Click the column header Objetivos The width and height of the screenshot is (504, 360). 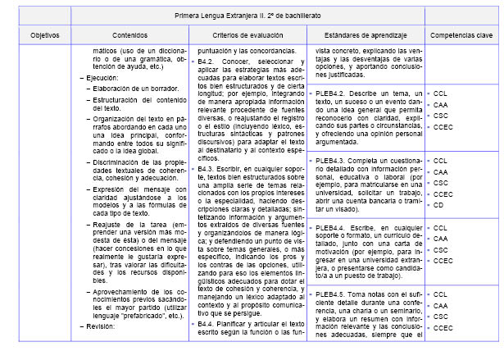tap(45, 36)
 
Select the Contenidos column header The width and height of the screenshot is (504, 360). tap(129, 36)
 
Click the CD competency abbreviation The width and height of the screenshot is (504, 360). tap(438, 206)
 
